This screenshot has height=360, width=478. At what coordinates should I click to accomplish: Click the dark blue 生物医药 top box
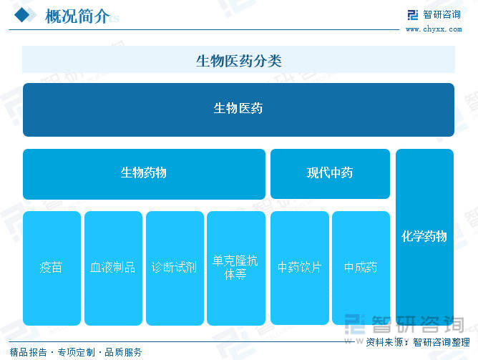point(238,110)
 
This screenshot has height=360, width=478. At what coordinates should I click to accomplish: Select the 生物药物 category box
point(144,174)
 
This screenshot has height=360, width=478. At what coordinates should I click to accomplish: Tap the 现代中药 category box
point(330,174)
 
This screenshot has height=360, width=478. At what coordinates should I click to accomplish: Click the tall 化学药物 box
point(424,237)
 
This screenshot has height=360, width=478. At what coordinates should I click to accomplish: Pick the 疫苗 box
point(52,268)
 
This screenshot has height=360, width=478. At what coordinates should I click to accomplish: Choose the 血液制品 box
point(113,268)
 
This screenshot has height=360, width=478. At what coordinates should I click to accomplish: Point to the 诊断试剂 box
point(175,268)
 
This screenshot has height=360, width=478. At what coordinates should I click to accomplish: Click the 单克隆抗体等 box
point(236,268)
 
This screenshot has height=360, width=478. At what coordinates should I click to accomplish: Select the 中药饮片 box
point(300,268)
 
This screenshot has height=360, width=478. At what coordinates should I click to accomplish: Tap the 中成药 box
point(361,268)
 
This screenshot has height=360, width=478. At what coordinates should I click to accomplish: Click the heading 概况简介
point(77,16)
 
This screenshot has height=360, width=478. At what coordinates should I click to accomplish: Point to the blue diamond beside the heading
point(22,15)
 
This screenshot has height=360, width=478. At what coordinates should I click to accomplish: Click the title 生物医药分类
point(239,61)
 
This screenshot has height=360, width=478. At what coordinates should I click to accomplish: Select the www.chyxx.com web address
point(434,29)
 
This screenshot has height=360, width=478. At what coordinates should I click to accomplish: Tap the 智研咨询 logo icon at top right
point(413,14)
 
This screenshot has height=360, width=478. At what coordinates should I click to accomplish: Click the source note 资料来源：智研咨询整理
point(418,342)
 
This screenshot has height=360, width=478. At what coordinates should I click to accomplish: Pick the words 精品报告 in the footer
point(29,352)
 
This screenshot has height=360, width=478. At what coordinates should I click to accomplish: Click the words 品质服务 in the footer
point(123,352)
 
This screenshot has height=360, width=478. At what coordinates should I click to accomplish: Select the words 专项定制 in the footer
point(77,352)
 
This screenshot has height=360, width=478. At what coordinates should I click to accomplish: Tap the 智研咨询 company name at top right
point(442,14)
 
